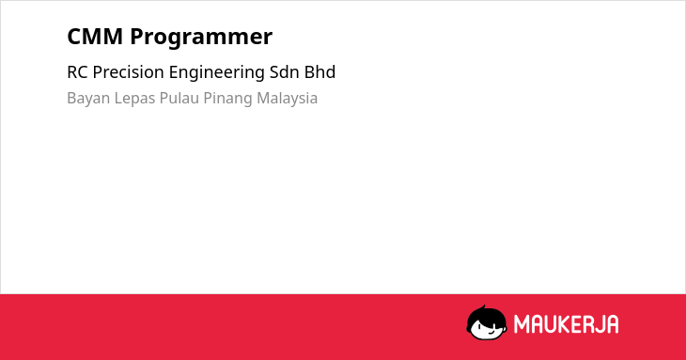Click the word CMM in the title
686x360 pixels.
pos(95,37)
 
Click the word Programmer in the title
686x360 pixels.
pos(201,38)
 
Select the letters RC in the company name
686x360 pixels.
pos(78,72)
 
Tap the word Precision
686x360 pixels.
pos(129,72)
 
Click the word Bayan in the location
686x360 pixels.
pos(88,99)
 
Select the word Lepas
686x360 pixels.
pos(134,99)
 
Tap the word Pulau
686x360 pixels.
pos(179,98)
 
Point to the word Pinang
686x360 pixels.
pos(227,99)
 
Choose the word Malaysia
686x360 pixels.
pos(287,99)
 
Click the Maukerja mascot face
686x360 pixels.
pos(487,322)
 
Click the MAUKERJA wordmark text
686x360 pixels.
pos(566,324)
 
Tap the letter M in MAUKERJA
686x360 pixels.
pos(521,324)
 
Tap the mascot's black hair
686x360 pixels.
pos(485,315)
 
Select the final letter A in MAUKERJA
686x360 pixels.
pos(612,324)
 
